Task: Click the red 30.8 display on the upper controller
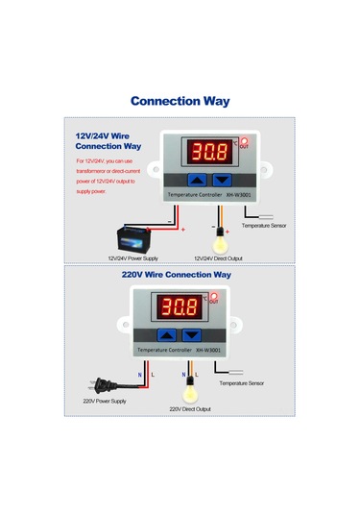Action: (x=208, y=152)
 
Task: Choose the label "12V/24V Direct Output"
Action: (x=218, y=257)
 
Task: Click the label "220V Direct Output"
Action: (x=190, y=408)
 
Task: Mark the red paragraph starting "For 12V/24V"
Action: (x=108, y=176)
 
